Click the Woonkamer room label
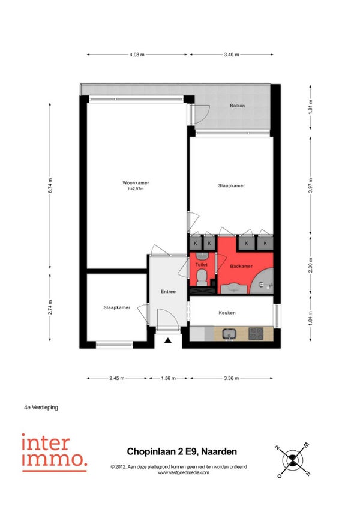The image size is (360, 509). coord(136,182)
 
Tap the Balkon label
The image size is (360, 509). coord(237,106)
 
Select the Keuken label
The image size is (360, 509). coord(227,313)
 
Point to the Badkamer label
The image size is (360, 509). coord(241,266)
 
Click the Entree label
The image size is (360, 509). coord(168,292)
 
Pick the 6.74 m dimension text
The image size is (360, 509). coord(50,185)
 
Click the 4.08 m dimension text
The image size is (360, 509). coord(137,55)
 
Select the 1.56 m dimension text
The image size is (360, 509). coord(169,378)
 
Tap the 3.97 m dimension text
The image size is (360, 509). coord(310,185)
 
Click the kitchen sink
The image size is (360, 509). coord(230,334)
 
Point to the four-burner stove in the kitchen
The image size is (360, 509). coord(256,334)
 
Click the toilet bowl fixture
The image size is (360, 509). coord(202,277)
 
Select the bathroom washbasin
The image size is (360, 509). coord(234,288)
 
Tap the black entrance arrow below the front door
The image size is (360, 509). coord(168,340)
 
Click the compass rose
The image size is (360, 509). coord(292,460)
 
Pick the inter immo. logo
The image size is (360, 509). coord(55,453)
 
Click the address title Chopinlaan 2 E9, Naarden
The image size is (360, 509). coord(182,451)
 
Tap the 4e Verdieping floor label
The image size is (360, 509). coord(41,407)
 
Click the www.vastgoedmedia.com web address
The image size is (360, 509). coord(184,472)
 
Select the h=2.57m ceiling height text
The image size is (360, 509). coord(136,188)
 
